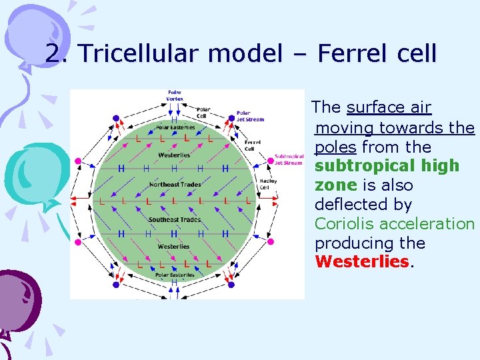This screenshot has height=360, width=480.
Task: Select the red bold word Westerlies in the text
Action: click(361, 262)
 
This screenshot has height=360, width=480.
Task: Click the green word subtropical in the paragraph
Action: click(387, 165)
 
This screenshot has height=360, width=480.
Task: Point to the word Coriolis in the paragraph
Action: click(345, 223)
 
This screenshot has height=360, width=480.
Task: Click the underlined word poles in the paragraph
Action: click(335, 147)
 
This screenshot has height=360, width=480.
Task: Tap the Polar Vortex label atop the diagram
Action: click(174, 95)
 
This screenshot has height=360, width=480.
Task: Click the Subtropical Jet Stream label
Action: click(289, 159)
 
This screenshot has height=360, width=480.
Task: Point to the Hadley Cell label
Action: click(266, 184)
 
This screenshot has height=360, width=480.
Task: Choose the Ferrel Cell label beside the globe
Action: click(253, 145)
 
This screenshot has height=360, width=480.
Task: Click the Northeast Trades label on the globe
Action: click(174, 184)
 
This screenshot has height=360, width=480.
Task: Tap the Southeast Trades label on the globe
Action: click(174, 219)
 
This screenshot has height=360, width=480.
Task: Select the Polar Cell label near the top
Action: click(204, 111)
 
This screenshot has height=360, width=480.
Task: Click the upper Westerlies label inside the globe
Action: click(174, 155)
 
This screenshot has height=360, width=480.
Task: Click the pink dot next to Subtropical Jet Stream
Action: click(271, 160)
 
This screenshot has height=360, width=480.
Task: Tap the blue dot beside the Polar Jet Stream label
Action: click(232, 118)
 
